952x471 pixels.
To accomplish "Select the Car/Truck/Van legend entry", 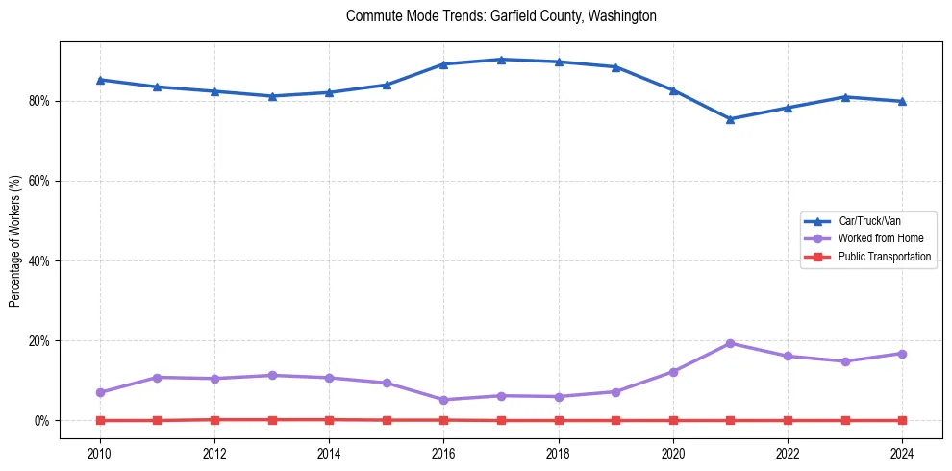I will click(x=869, y=221).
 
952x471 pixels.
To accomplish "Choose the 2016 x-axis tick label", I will click(x=443, y=452).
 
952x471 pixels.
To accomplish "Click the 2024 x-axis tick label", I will click(x=902, y=452).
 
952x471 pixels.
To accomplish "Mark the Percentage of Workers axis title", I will click(x=15, y=240).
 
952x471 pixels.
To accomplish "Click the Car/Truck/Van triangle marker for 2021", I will click(x=730, y=119).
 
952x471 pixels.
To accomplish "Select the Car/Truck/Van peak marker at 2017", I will click(x=501, y=60).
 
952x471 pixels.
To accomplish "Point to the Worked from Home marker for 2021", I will click(x=730, y=343).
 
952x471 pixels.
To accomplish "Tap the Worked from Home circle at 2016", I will click(x=443, y=400).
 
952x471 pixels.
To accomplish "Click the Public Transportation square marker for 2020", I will click(x=673, y=420).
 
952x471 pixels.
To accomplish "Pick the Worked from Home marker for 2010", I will click(x=100, y=392).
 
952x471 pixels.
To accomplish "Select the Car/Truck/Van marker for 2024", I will click(x=902, y=101).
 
